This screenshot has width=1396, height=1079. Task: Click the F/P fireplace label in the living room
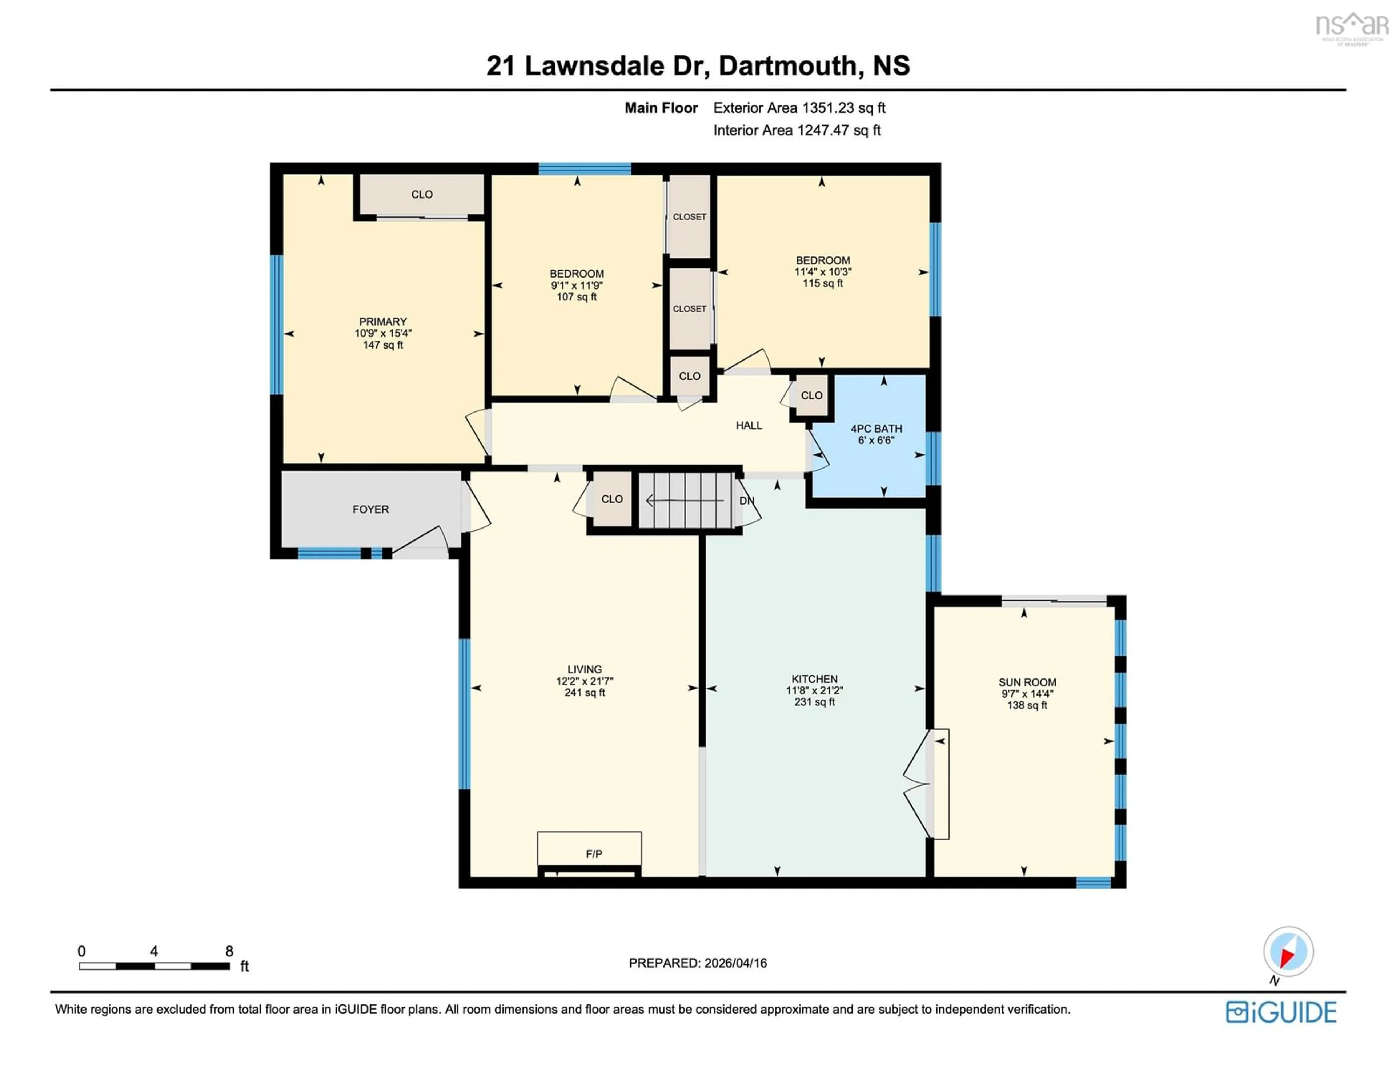pos(593,853)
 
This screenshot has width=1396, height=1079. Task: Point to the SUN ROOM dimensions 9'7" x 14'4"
pos(1027,693)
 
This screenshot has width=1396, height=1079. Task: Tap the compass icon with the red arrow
pos(1288,951)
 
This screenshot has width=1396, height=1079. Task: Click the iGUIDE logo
pos(1281,1012)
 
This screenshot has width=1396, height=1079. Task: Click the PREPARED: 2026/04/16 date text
pos(697,963)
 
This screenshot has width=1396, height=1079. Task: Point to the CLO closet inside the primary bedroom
pos(421,194)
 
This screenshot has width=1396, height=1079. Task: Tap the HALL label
pos(749,425)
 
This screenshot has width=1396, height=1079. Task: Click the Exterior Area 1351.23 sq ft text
pos(799,107)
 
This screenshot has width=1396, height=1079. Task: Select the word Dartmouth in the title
pos(787,66)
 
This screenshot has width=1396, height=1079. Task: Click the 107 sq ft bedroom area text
pos(577,297)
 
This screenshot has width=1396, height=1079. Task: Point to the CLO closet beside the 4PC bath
pos(811,395)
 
